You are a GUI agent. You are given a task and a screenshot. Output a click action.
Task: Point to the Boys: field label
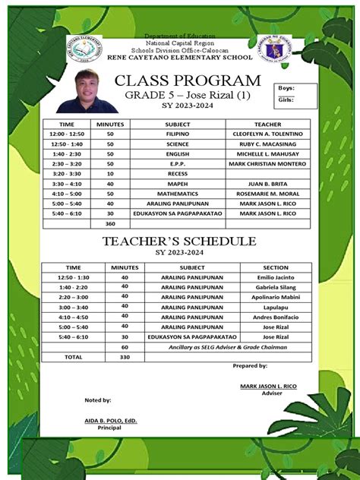coord(286,89)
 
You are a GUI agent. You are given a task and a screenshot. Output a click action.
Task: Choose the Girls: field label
coord(286,99)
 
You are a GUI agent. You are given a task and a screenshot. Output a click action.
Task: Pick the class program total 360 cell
coord(110,224)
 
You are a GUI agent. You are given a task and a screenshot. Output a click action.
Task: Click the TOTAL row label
coord(73,356)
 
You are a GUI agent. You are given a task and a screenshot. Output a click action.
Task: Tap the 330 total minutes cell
coord(125,356)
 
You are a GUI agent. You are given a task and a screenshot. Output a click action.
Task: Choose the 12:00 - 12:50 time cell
coord(67,132)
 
